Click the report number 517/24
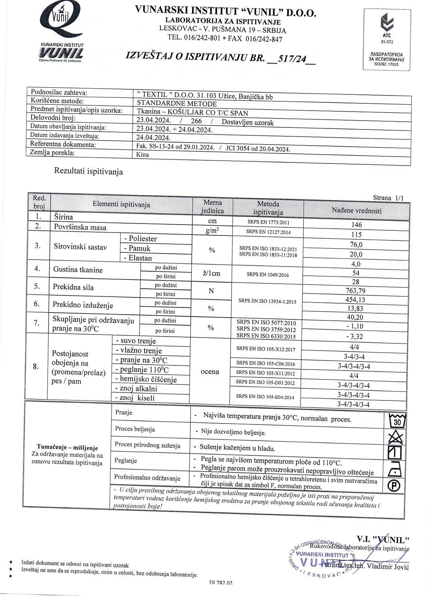click(292, 59)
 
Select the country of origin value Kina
click(143, 155)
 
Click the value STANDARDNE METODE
click(177, 103)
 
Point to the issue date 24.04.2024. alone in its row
click(154, 138)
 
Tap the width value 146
click(357, 225)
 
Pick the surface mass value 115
click(357, 235)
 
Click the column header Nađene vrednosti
click(357, 211)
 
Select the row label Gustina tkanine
click(78, 270)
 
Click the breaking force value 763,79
click(356, 291)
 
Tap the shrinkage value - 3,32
click(355, 337)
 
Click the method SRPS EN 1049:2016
click(268, 275)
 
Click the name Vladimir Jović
click(388, 566)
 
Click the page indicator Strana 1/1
click(388, 198)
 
